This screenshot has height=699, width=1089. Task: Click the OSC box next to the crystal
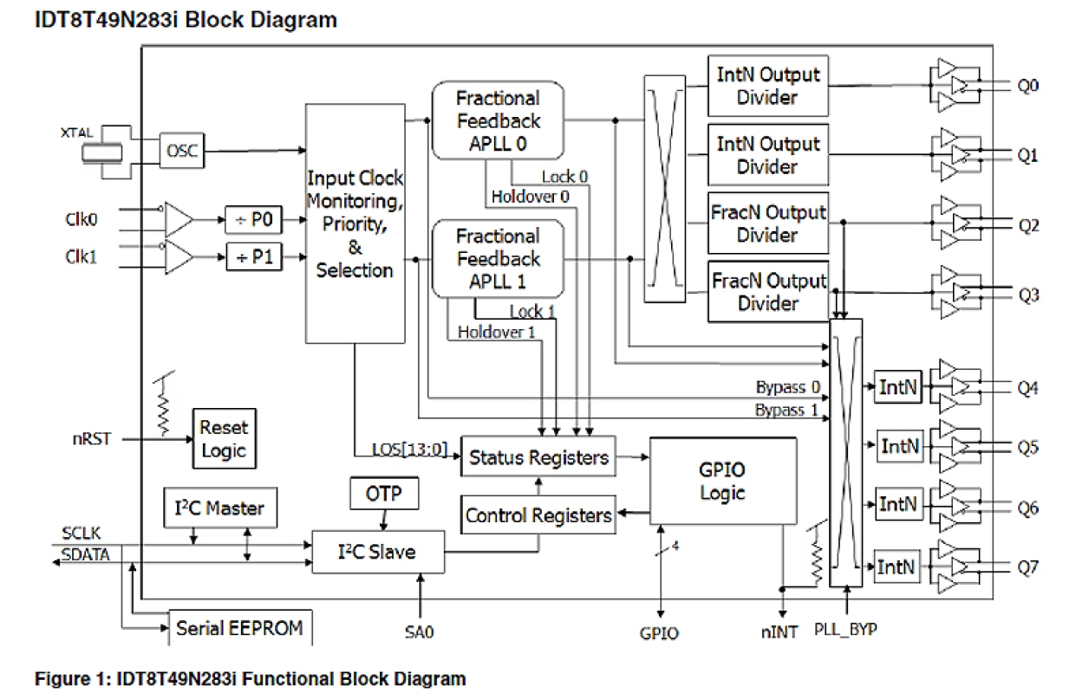pyautogui.click(x=180, y=152)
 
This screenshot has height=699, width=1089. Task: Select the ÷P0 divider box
pyautogui.click(x=253, y=221)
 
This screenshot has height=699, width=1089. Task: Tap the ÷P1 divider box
pyautogui.click(x=253, y=258)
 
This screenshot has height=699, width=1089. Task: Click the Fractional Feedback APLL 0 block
pyautogui.click(x=498, y=120)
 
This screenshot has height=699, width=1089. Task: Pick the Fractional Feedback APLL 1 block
pyautogui.click(x=498, y=258)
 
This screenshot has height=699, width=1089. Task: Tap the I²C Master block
pyautogui.click(x=221, y=508)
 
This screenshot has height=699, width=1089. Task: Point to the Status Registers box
pyautogui.click(x=538, y=456)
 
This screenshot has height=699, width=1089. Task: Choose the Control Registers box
pyautogui.click(x=538, y=515)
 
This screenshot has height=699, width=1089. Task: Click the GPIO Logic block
pyautogui.click(x=722, y=481)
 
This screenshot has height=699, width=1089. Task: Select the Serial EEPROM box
pyautogui.click(x=240, y=628)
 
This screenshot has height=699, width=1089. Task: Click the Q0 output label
pyautogui.click(x=1028, y=87)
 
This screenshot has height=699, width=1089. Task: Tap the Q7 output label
pyautogui.click(x=1028, y=567)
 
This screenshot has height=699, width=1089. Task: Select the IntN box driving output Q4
pyautogui.click(x=896, y=388)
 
